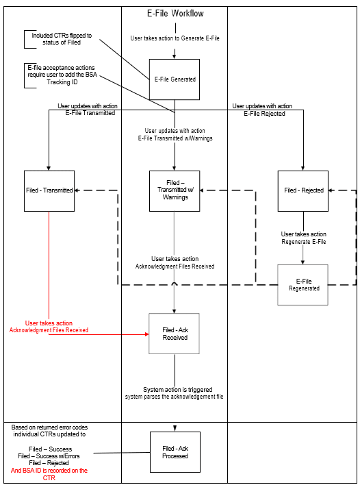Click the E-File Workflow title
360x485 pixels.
click(175, 14)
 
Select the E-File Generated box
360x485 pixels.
click(174, 79)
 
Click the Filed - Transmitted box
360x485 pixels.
click(49, 190)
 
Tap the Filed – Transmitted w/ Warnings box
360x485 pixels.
click(174, 190)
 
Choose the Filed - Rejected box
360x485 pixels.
click(303, 190)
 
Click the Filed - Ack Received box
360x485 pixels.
click(174, 334)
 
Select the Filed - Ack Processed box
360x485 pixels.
click(174, 452)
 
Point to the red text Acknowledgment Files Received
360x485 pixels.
click(49, 330)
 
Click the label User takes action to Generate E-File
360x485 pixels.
click(175, 38)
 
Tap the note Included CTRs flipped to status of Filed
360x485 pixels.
click(62, 39)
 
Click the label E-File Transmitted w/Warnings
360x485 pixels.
click(175, 138)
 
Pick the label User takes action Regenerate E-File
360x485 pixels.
click(303, 238)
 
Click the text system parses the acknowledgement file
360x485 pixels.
click(175, 397)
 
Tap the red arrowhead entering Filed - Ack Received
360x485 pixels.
click(146, 334)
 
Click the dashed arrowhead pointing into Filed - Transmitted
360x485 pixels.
click(77, 190)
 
